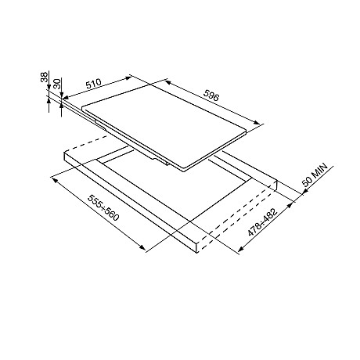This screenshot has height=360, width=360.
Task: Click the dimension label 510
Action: pos(94,84)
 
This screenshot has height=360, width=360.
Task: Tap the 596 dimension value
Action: pos(211,95)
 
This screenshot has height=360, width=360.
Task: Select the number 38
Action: pos(45,77)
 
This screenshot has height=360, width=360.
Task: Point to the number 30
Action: pos(57,83)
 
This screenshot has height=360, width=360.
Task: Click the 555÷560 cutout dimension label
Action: pos(103,207)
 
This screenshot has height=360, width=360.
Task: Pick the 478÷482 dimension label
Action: pos(262,222)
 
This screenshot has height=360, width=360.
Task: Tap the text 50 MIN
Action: pos(315,175)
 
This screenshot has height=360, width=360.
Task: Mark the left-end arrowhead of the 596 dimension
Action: pos(167,82)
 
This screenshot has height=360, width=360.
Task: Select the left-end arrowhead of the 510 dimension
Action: pos(65,98)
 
